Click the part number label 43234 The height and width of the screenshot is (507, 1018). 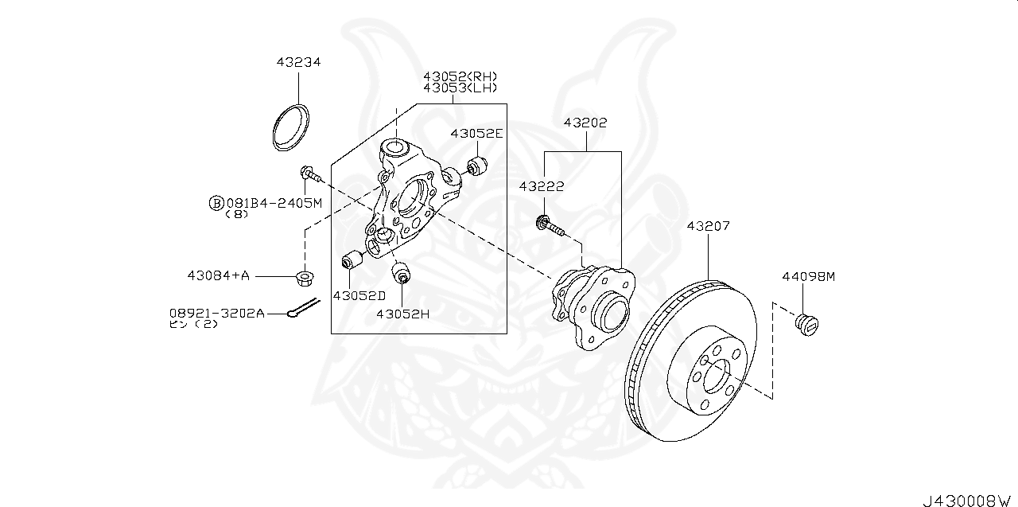click(298, 62)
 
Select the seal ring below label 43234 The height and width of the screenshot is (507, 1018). click(292, 127)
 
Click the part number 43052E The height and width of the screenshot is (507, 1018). click(476, 134)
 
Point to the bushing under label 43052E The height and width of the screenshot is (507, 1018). click(476, 166)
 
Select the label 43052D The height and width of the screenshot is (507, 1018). click(359, 295)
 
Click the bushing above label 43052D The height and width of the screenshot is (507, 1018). click(351, 260)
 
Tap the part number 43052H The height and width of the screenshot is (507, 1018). click(402, 314)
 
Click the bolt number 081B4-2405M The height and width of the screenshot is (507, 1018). click(273, 203)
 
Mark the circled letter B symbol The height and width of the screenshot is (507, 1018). click(216, 203)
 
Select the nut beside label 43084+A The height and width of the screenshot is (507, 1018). click(303, 277)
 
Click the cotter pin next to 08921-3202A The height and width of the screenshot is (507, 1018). click(303, 307)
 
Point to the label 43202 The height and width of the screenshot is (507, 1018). click(585, 123)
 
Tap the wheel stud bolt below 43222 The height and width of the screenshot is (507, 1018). click(550, 226)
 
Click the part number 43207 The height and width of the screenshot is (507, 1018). click(707, 226)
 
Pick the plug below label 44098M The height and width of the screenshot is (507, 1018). click(807, 323)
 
